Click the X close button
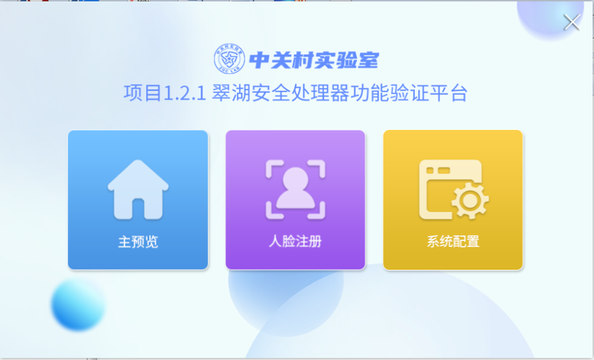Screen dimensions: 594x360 tap(572, 22)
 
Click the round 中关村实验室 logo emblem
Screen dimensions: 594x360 tap(229, 59)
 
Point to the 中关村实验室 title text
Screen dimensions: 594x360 tap(314, 60)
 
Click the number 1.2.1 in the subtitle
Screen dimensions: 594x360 tap(184, 93)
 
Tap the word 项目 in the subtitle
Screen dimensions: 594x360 tap(143, 93)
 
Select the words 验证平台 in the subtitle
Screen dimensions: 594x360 tap(429, 93)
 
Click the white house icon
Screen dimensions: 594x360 tap(138, 189)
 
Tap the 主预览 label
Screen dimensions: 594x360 tap(138, 241)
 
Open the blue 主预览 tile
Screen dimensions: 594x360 tap(138, 200)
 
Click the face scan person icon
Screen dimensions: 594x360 tap(296, 189)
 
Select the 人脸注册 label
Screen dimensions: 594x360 tap(296, 241)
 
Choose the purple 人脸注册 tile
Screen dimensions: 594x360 tap(296, 200)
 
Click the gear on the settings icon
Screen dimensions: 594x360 tap(470, 200)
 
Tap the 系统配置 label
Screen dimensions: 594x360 tap(453, 241)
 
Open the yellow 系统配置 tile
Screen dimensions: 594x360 tap(453, 200)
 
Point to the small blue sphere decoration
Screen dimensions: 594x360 tap(78, 305)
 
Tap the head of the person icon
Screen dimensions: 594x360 tap(296, 180)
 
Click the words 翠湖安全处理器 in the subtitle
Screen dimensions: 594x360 tap(281, 93)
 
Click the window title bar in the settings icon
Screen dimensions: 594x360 tap(451, 170)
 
